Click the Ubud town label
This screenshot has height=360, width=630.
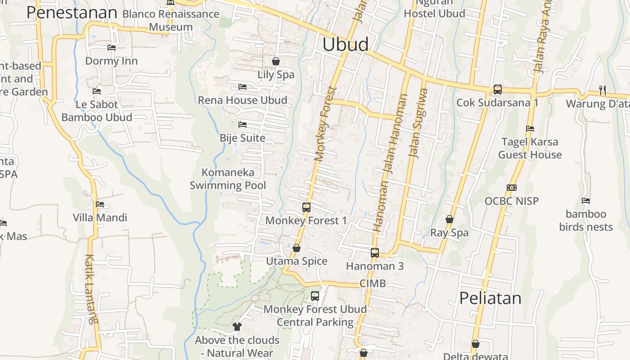coord(346,45)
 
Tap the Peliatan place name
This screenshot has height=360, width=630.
coord(490,298)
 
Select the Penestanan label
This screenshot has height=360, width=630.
coord(72,13)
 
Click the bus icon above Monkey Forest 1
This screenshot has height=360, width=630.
coord(306,207)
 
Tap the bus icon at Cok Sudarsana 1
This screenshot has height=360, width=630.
coord(497,90)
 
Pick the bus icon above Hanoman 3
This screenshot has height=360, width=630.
coord(375,253)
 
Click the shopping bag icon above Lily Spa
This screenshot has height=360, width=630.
coord(276,61)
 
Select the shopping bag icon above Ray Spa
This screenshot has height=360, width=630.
coord(449,220)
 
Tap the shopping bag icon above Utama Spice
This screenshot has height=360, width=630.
coord(297,248)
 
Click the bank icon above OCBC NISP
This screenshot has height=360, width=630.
coord(511,188)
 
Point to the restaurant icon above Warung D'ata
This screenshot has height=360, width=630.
coord(603,90)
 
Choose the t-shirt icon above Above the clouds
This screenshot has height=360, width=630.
coord(237,327)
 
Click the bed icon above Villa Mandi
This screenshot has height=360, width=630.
coord(100,204)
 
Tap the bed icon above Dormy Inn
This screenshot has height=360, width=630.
coord(111,48)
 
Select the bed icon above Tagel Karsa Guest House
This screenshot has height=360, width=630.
coord(530,129)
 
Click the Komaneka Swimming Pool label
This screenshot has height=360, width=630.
coord(228,179)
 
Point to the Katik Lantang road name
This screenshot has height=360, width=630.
coord(90,289)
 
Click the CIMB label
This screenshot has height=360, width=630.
coord(373,283)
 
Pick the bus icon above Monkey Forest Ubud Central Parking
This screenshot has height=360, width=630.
coord(315,296)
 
